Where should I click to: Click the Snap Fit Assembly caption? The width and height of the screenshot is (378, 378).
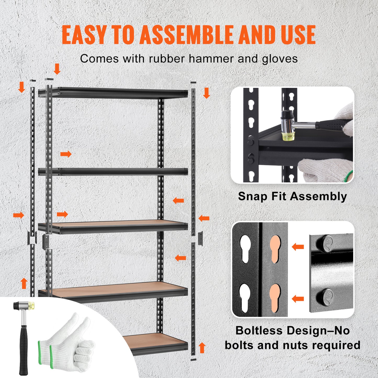(x=292, y=196)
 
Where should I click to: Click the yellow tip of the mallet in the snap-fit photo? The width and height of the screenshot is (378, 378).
(x=287, y=136)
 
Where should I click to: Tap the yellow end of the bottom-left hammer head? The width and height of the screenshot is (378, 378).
(x=32, y=306)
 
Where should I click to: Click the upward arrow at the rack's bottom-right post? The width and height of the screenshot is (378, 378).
(x=202, y=348)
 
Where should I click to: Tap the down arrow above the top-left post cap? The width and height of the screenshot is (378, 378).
(x=57, y=69)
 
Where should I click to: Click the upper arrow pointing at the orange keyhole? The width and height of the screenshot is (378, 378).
(x=298, y=246)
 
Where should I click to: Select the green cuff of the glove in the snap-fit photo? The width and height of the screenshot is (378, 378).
(x=350, y=176)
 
